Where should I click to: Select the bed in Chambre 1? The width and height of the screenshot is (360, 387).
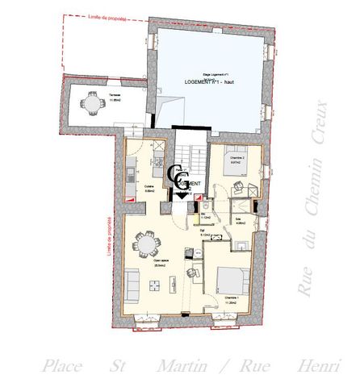pyautogui.click(x=232, y=279)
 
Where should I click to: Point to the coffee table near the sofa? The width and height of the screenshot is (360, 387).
pyautogui.click(x=154, y=283)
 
